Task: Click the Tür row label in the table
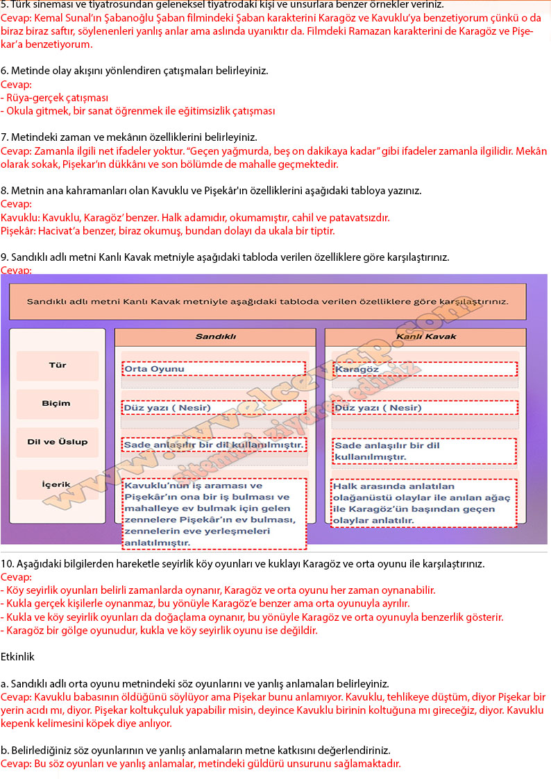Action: (57, 365)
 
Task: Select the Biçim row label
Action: (57, 404)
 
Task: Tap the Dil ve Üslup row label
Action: (57, 443)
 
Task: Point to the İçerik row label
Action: (57, 485)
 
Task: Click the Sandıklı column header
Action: (215, 337)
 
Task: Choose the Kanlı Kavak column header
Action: (425, 337)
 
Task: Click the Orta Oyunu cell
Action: (214, 369)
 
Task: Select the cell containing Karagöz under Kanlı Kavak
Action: (425, 369)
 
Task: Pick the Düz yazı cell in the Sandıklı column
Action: (214, 408)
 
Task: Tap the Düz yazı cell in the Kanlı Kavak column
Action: (425, 408)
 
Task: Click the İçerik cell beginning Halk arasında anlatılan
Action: (424, 504)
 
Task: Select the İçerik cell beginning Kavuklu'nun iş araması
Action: (214, 514)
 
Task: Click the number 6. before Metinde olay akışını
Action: (4, 71)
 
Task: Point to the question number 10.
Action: (6, 564)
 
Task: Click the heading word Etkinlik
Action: (17, 656)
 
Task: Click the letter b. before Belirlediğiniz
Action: (5, 751)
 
